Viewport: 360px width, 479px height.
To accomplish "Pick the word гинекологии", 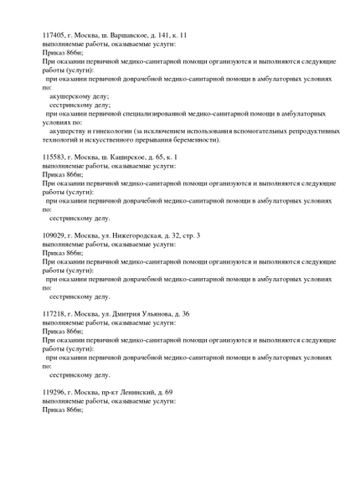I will pyautogui.click(x=105, y=131).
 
